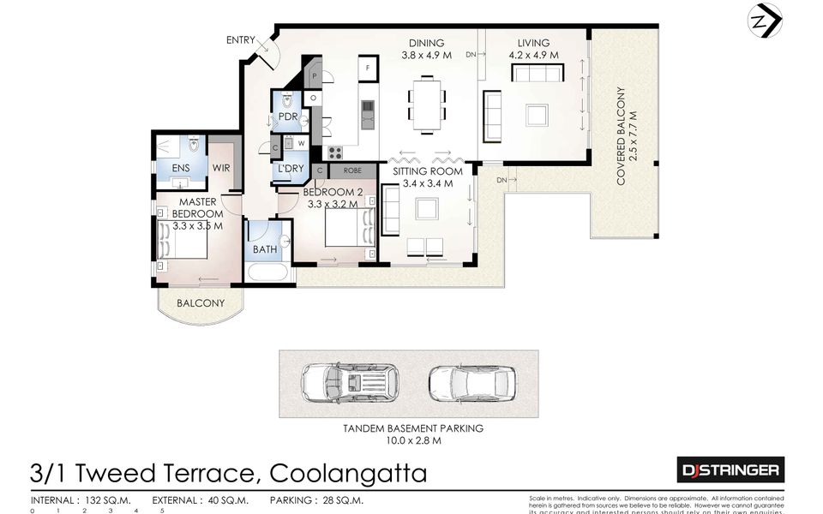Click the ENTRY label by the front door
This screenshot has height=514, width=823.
(241, 40)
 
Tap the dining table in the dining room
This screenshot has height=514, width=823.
(426, 104)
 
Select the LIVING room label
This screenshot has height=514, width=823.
(533, 44)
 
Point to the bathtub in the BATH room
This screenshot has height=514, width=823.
(269, 273)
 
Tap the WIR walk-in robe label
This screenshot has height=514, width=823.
(221, 169)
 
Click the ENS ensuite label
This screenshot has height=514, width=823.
(181, 169)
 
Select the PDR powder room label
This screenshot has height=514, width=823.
(287, 117)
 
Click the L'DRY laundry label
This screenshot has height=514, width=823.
(289, 169)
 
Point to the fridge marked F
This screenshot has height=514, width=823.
(368, 67)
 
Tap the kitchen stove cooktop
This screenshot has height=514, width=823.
(334, 153)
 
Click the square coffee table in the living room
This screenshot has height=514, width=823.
(538, 115)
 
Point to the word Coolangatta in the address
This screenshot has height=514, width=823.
(347, 473)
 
